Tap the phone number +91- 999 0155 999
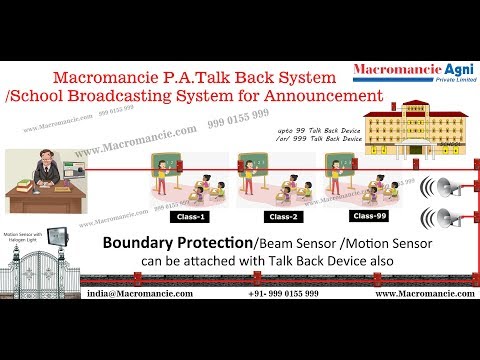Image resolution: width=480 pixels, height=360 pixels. pos(283,295)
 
